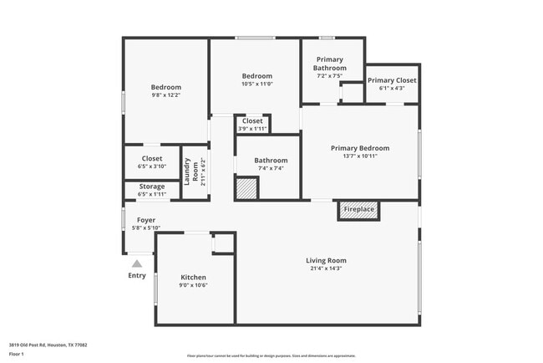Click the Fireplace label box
359,209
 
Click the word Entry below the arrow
137,275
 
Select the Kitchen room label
194,277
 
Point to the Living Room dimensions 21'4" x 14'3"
326,268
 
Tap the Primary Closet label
392,80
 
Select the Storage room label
152,187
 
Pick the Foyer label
146,220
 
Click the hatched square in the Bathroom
246,188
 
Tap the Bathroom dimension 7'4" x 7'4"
271,168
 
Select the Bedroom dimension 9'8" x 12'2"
165,95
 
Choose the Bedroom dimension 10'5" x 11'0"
256,83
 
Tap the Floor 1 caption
17,355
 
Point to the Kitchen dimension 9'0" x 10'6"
194,285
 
